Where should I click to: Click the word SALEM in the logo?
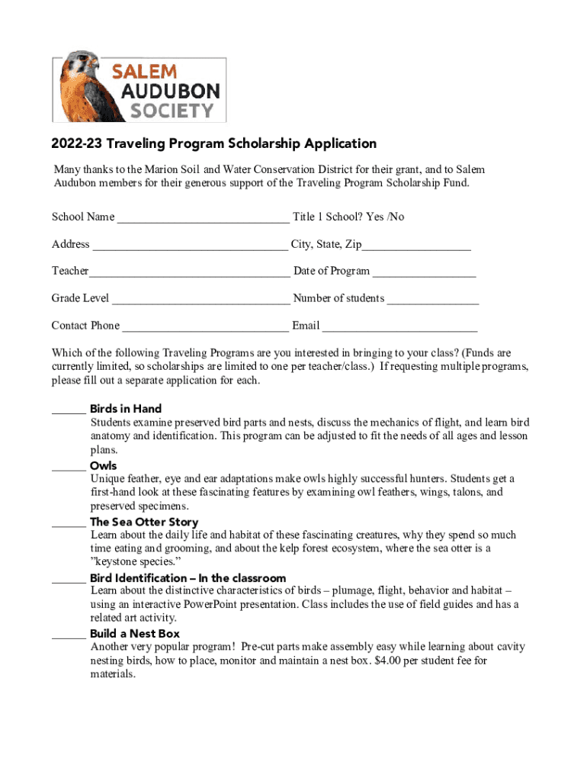(x=145, y=72)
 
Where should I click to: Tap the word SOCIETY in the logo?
(x=172, y=111)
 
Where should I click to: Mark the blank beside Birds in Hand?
(x=68, y=410)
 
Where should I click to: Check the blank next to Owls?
(x=68, y=467)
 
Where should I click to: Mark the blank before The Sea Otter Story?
(x=68, y=523)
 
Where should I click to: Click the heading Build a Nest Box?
(x=135, y=634)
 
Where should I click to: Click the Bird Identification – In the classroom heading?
(x=188, y=578)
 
